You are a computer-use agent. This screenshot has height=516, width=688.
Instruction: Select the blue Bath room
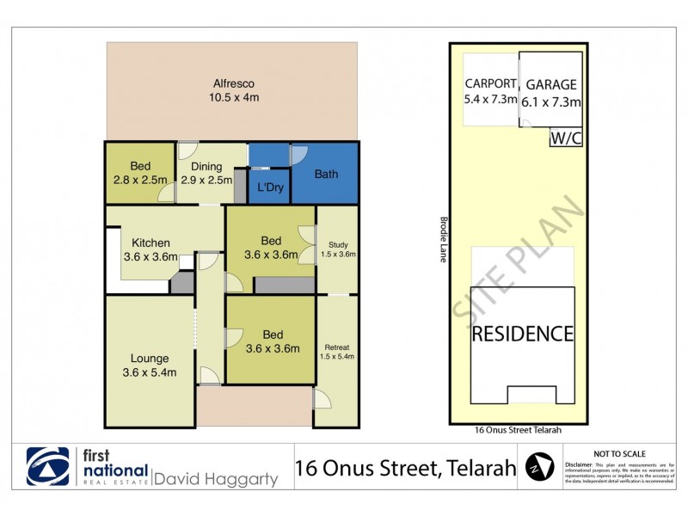pyautogui.click(x=325, y=173)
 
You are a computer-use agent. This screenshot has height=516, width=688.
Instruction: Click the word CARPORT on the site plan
pyautogui.click(x=491, y=84)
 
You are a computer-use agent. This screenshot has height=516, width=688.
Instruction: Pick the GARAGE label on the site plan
pyautogui.click(x=551, y=85)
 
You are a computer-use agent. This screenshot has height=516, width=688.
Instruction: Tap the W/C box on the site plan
pyautogui.click(x=566, y=138)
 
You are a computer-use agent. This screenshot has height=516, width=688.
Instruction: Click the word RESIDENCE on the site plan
pyautogui.click(x=522, y=333)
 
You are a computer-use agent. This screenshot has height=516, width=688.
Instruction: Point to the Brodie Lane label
pyautogui.click(x=443, y=239)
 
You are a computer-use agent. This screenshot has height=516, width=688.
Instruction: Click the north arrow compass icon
pyautogui.click(x=539, y=469)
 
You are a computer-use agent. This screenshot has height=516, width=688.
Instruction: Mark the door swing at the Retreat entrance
pyautogui.click(x=320, y=399)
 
